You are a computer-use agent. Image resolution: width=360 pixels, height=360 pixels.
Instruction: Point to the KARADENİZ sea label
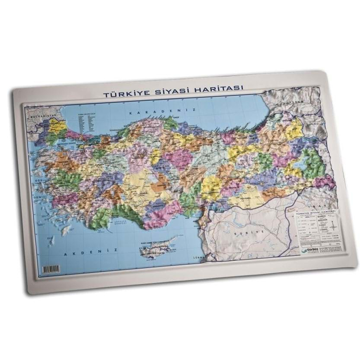coord(162,112)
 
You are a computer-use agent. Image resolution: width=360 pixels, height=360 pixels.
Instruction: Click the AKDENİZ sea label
coord(81,254)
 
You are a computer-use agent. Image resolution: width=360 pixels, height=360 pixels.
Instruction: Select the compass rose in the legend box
coord(333,226)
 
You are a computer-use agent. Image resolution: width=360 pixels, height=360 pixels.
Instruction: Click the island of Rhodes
coord(66,231)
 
